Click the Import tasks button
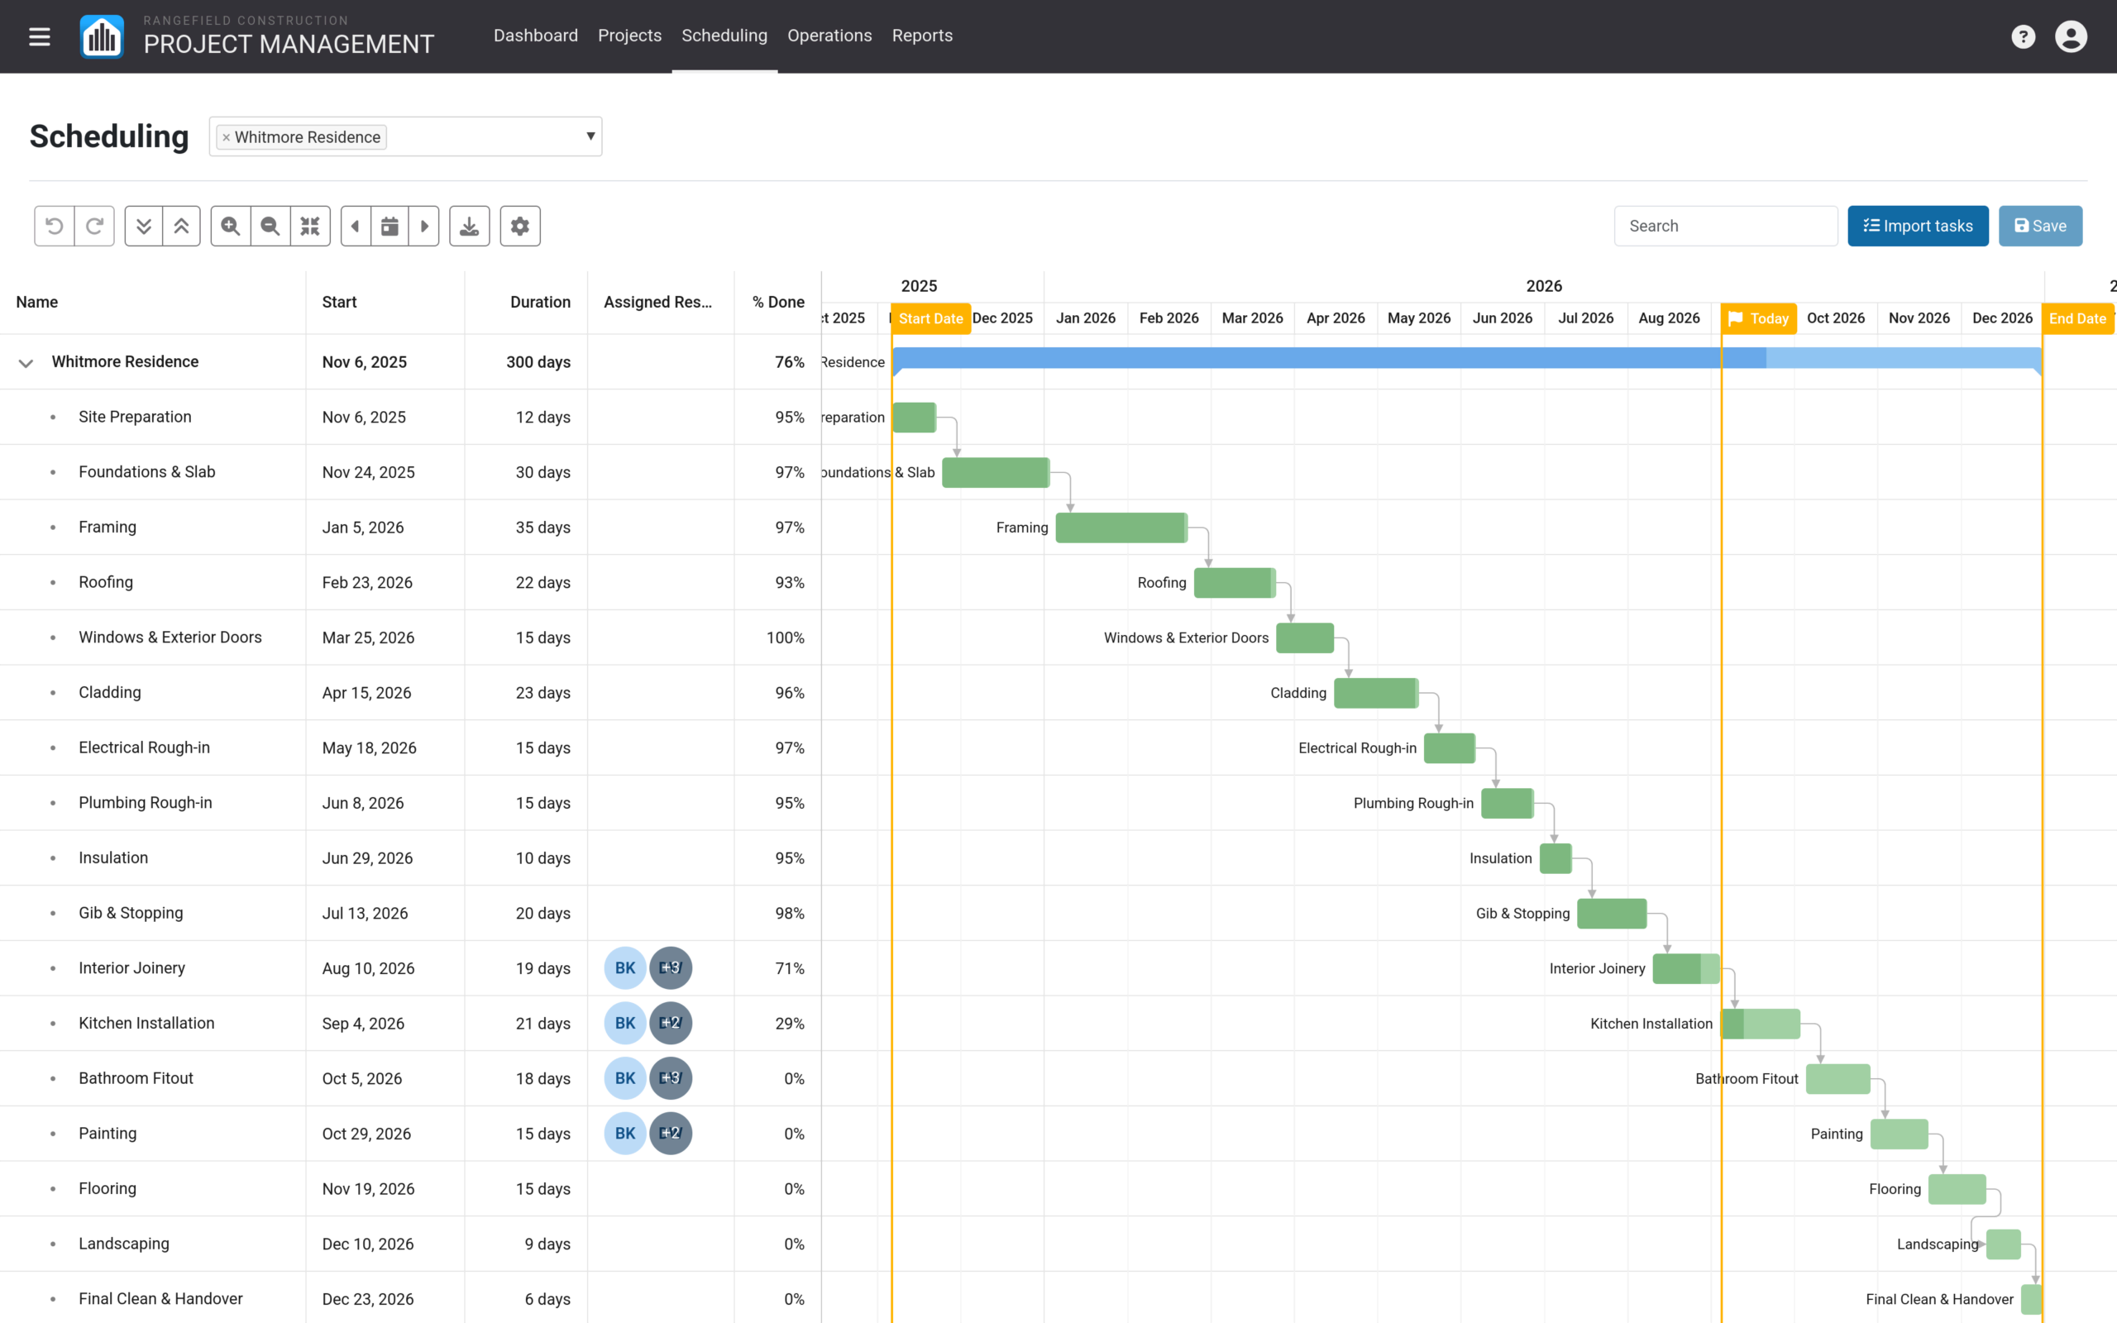[1918, 226]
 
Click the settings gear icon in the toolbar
[519, 226]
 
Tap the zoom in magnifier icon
[231, 226]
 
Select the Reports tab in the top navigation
[922, 36]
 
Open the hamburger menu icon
[40, 36]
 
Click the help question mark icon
[2023, 36]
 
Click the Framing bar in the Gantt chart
[1121, 528]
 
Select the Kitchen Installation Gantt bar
[1761, 1024]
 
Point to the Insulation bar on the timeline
[1555, 858]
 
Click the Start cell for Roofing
[367, 583]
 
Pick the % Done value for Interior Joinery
[789, 968]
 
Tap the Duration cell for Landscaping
[547, 1244]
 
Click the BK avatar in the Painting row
[625, 1133]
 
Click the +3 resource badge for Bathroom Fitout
[671, 1078]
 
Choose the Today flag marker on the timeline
[1758, 318]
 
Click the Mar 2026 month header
[1252, 318]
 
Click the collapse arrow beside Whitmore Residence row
[26, 362]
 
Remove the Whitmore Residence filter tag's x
[226, 137]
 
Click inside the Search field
[1725, 226]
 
